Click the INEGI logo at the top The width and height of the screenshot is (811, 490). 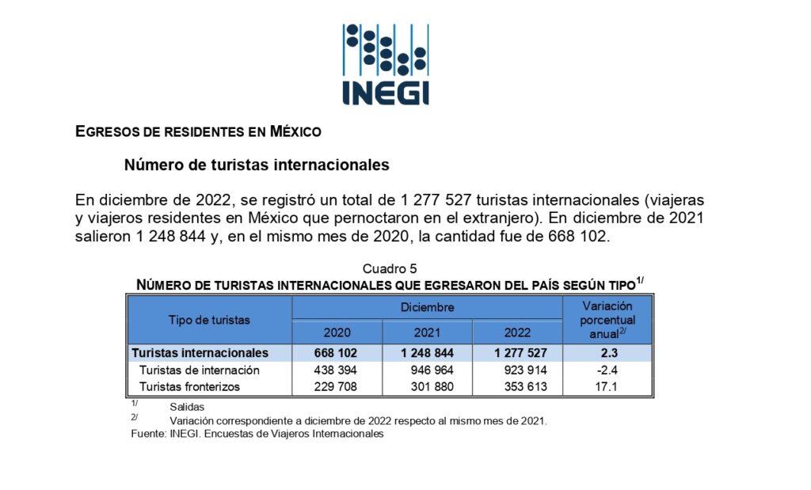pyautogui.click(x=386, y=64)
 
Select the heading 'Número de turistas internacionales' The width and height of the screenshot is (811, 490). pyautogui.click(x=257, y=165)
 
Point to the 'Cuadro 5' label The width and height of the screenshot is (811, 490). pyautogui.click(x=390, y=269)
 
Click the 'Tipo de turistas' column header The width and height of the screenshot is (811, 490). pyautogui.click(x=209, y=320)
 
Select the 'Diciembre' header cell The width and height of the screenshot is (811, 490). pyautogui.click(x=427, y=307)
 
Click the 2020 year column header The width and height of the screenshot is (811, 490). pyautogui.click(x=337, y=332)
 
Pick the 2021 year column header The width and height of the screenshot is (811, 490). pyautogui.click(x=427, y=332)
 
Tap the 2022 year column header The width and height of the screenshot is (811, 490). pyautogui.click(x=517, y=332)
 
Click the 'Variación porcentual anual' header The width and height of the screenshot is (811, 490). pyautogui.click(x=607, y=320)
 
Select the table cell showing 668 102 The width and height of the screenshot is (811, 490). pyautogui.click(x=337, y=353)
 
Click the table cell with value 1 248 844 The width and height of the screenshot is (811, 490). pyautogui.click(x=427, y=353)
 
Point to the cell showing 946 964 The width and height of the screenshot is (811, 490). pyautogui.click(x=427, y=370)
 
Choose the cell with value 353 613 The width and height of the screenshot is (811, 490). pyautogui.click(x=517, y=387)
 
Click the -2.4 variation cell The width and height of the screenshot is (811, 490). pyautogui.click(x=607, y=370)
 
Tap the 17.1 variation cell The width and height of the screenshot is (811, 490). pyautogui.click(x=607, y=387)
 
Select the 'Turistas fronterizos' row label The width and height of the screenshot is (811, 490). pyautogui.click(x=189, y=387)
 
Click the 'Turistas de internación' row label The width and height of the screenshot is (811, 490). pyautogui.click(x=200, y=370)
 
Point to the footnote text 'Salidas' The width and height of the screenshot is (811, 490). pyautogui.click(x=187, y=407)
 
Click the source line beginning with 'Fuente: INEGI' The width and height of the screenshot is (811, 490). pyautogui.click(x=257, y=434)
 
